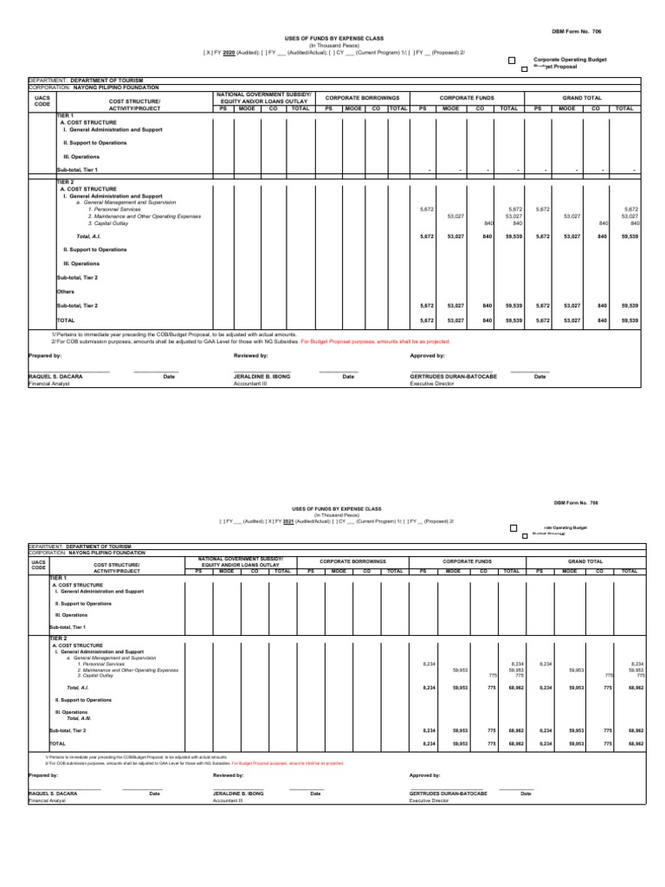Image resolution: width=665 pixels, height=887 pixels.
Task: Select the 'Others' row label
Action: [66, 291]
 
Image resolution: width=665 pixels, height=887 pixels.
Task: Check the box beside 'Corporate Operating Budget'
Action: [512, 60]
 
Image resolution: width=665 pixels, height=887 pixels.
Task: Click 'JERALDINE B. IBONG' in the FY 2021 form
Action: [238, 793]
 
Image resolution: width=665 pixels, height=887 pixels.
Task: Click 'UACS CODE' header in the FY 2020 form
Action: [42, 103]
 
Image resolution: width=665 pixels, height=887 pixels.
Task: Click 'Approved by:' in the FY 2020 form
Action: [427, 355]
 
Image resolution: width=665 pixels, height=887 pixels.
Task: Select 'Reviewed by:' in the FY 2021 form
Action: [229, 775]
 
